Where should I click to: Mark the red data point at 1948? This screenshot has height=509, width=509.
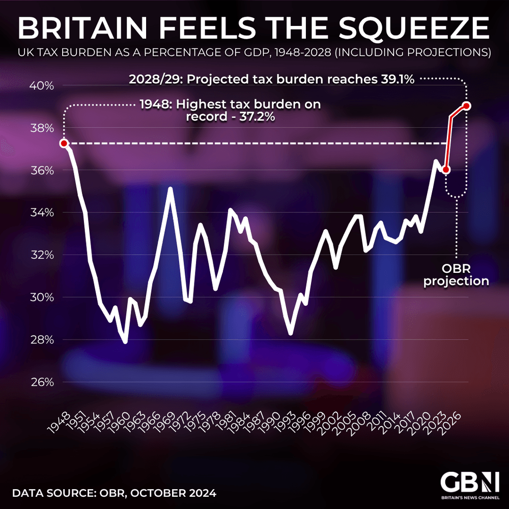coord(64,144)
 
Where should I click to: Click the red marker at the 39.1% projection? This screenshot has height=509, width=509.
coord(466,106)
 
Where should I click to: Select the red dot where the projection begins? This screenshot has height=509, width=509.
coord(446,170)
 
